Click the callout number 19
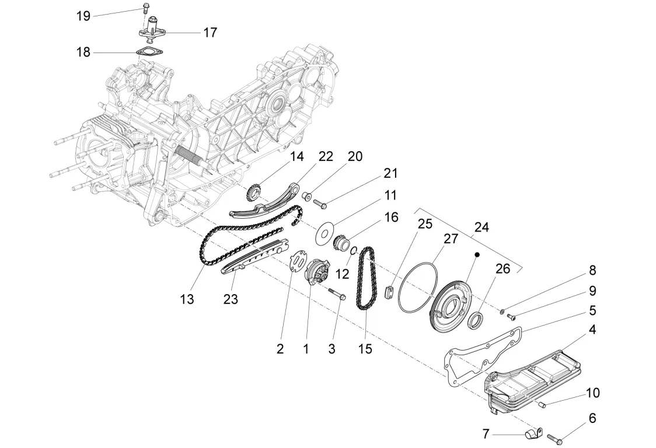(x=83, y=16)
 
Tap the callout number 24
(x=481, y=227)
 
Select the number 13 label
(x=187, y=299)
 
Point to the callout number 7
(x=486, y=434)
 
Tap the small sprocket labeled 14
(x=253, y=193)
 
